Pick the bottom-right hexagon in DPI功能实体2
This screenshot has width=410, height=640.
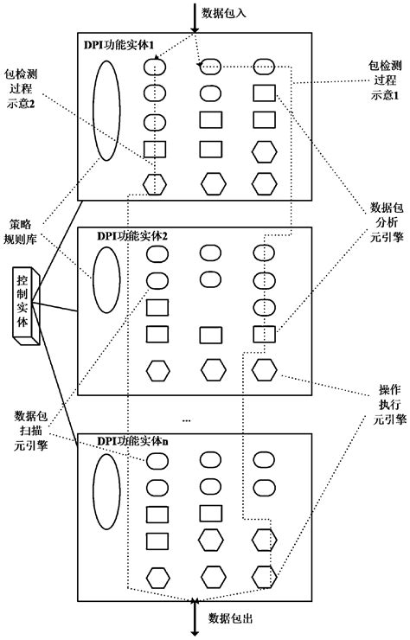tap(262, 370)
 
